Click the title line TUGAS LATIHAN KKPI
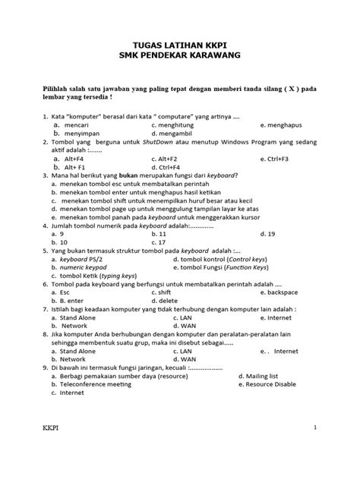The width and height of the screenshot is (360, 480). click(x=179, y=46)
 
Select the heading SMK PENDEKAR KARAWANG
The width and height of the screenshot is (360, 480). click(x=179, y=57)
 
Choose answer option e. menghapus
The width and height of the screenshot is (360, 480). click(x=289, y=124)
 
